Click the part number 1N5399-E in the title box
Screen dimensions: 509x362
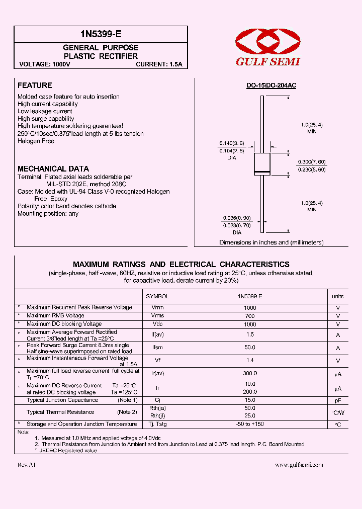pyautogui.click(x=101, y=34)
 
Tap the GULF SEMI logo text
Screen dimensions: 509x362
pyautogui.click(x=268, y=61)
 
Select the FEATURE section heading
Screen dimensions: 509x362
pyautogui.click(x=35, y=86)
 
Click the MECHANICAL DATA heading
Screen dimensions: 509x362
pyautogui.click(x=53, y=169)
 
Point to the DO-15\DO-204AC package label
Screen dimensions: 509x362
pyautogui.click(x=271, y=86)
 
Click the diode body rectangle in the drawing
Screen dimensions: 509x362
pyautogui.click(x=262, y=164)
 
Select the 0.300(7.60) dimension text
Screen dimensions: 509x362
pyautogui.click(x=312, y=162)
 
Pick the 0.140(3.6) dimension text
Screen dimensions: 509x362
pyautogui.click(x=231, y=143)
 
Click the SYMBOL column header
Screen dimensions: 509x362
pyautogui.click(x=157, y=297)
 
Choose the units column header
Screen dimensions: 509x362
pyautogui.click(x=338, y=297)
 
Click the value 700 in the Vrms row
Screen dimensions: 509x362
pyautogui.click(x=250, y=316)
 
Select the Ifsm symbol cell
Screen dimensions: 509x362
pyautogui.click(x=157, y=348)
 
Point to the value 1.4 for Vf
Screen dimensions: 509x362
pyautogui.click(x=250, y=361)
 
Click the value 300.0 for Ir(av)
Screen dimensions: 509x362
pyautogui.click(x=250, y=373)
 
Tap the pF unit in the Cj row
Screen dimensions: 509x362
pyautogui.click(x=338, y=400)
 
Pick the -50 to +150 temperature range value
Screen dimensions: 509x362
pyautogui.click(x=250, y=425)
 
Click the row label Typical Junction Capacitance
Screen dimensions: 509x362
pyautogui.click(x=62, y=400)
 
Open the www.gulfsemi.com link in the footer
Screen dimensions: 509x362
pyautogui.click(x=299, y=465)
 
